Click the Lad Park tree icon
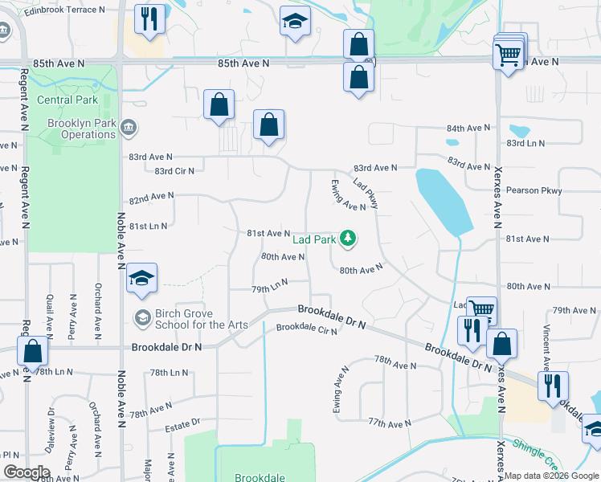(348, 239)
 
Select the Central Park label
(67, 100)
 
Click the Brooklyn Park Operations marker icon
(129, 127)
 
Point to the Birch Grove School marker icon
(142, 318)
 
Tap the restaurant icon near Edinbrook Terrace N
(149, 18)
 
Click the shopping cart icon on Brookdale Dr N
(481, 309)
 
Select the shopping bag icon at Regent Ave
(31, 350)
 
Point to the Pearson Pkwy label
(534, 190)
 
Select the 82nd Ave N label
(152, 196)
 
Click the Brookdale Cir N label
(306, 329)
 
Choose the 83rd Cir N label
(174, 171)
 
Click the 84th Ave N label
(468, 129)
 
